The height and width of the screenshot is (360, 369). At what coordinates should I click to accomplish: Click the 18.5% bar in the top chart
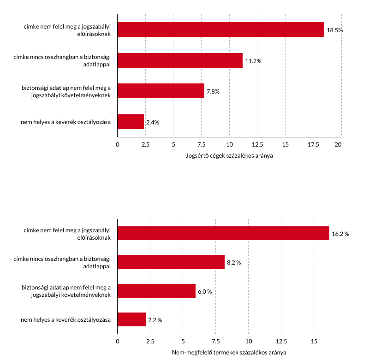point(220,30)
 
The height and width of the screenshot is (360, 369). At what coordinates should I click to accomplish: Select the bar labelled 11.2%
point(180,60)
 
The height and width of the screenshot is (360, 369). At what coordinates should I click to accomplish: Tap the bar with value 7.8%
point(161,91)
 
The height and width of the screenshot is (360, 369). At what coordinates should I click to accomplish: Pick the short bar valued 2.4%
point(131,122)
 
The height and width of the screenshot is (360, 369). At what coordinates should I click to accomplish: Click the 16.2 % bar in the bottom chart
point(223,233)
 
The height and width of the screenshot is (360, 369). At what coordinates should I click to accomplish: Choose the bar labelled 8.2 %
point(171,262)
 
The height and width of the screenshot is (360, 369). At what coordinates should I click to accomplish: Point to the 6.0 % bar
point(156,291)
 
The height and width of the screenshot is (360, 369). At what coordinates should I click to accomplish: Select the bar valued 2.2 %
point(131,319)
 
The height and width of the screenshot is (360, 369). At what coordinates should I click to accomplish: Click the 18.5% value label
point(335,30)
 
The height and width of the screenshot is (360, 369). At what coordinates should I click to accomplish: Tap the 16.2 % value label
point(340,234)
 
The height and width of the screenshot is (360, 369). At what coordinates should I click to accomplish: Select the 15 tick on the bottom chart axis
point(314,342)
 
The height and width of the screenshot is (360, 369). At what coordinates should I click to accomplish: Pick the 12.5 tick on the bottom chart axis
point(281,342)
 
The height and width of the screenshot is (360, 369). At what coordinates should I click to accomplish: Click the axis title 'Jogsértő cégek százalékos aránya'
point(229,155)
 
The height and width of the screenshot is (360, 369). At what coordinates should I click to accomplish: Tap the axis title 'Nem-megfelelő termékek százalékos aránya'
point(229,353)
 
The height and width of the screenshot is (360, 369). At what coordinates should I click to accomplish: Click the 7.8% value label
point(213,91)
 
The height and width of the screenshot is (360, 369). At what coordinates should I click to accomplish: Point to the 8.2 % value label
point(234,262)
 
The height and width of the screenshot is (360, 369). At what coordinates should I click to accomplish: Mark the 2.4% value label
point(153,122)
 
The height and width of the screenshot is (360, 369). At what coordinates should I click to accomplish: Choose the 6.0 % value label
point(205,291)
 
